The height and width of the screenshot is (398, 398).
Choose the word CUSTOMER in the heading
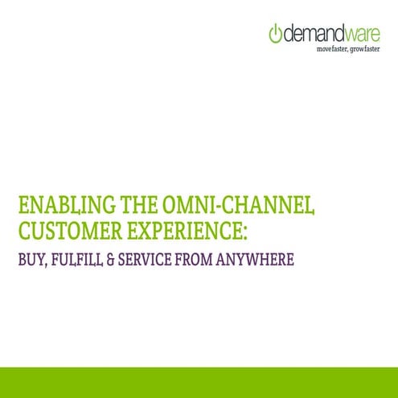click(70, 232)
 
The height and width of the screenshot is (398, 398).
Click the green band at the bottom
click(199, 382)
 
